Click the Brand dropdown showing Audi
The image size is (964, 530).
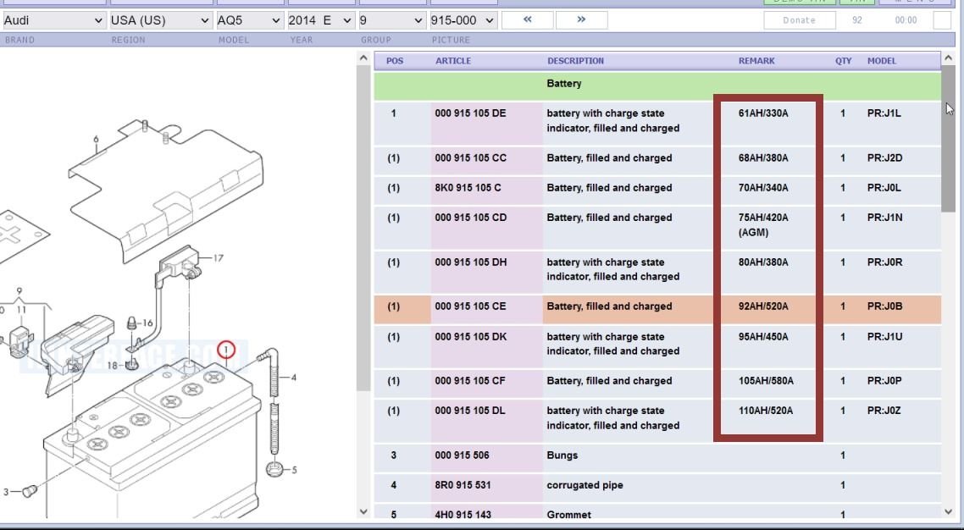click(x=52, y=19)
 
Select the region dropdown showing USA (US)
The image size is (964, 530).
click(x=160, y=19)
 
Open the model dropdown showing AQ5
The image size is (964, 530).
click(x=248, y=19)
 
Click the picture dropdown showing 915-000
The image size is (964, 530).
click(x=462, y=19)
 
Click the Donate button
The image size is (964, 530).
click(x=799, y=20)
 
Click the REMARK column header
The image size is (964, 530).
click(x=756, y=61)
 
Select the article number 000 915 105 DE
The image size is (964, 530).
click(x=470, y=113)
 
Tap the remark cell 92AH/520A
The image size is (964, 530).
click(x=762, y=306)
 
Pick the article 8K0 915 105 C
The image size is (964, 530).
click(x=468, y=188)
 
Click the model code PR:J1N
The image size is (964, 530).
click(x=884, y=218)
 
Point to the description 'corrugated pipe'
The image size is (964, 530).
click(x=584, y=485)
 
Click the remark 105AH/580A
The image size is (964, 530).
click(x=766, y=381)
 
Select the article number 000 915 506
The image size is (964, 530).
click(x=462, y=455)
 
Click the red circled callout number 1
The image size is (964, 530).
click(x=225, y=349)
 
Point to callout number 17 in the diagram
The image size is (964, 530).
click(x=218, y=258)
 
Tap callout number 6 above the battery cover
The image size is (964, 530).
click(x=96, y=140)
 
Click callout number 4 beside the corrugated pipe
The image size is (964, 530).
click(x=294, y=378)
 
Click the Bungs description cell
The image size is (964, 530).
click(x=562, y=455)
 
